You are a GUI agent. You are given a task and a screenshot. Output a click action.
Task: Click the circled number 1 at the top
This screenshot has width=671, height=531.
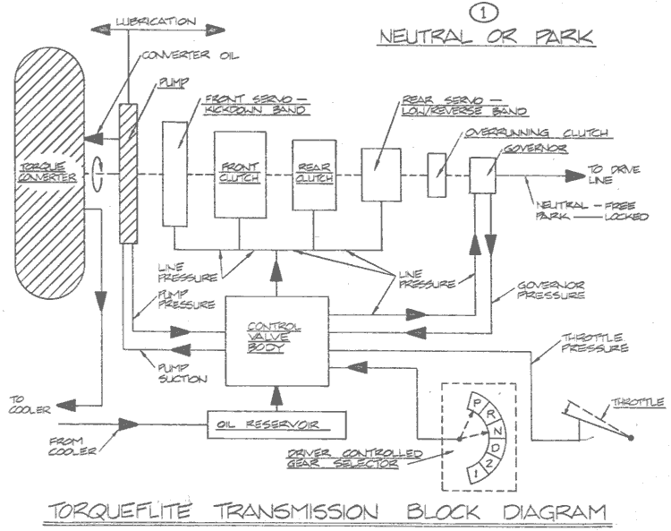point(484,13)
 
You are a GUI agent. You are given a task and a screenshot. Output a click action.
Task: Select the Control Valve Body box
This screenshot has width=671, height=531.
point(277,340)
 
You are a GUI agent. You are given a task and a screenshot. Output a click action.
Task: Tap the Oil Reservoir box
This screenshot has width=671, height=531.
point(276,424)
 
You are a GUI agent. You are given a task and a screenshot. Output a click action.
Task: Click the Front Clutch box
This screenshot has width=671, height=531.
point(240,175)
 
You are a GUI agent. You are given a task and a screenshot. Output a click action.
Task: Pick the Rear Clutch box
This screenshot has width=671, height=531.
point(314,175)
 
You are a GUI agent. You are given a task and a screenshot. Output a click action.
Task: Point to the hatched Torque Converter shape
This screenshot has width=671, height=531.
point(49,174)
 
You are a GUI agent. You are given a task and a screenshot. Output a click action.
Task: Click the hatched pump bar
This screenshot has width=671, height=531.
point(128,174)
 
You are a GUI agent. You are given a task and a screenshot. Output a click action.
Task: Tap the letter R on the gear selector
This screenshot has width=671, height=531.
point(491,415)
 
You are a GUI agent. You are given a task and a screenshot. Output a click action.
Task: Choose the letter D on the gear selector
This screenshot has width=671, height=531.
point(497,448)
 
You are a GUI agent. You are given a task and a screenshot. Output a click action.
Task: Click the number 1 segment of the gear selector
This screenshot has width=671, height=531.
point(476,474)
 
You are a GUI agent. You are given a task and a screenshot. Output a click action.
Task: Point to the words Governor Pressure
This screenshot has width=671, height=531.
point(551,290)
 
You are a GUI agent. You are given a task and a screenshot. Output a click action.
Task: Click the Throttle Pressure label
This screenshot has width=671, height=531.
point(594,343)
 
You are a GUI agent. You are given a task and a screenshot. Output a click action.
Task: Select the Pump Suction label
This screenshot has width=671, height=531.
point(183,373)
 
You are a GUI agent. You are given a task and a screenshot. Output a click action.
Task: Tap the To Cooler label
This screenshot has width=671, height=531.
point(30,405)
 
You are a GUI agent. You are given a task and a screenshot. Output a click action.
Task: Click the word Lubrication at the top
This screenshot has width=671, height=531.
point(156,21)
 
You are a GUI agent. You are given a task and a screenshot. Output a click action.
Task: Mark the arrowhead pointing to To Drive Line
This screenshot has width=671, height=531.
point(573,176)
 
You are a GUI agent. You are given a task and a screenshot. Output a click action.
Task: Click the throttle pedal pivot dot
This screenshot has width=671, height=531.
point(631,438)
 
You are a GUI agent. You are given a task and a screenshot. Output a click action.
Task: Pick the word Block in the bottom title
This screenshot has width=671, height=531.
point(443,511)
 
